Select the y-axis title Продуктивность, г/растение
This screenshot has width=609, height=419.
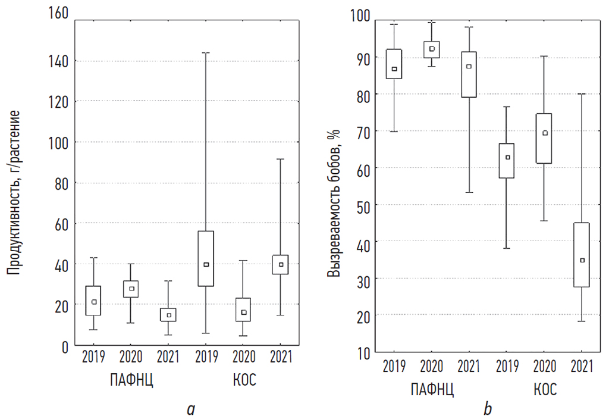tap(14, 192)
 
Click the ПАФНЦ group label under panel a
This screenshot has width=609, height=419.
tap(131, 381)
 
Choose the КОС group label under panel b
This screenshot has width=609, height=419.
tap(545, 390)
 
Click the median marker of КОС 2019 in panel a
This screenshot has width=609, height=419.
tap(206, 264)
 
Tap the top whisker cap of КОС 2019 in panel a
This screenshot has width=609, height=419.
tap(206, 52)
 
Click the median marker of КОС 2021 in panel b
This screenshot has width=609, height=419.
tap(582, 260)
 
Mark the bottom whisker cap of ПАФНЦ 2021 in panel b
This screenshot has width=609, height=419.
tap(469, 192)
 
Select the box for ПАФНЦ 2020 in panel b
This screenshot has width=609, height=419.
tap(432, 50)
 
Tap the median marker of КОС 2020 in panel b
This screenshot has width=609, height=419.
tap(545, 133)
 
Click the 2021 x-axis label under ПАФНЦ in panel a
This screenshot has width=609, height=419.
tap(169, 358)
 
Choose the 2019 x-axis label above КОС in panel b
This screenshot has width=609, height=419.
tap(507, 366)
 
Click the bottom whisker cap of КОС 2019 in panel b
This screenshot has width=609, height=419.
tap(507, 248)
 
